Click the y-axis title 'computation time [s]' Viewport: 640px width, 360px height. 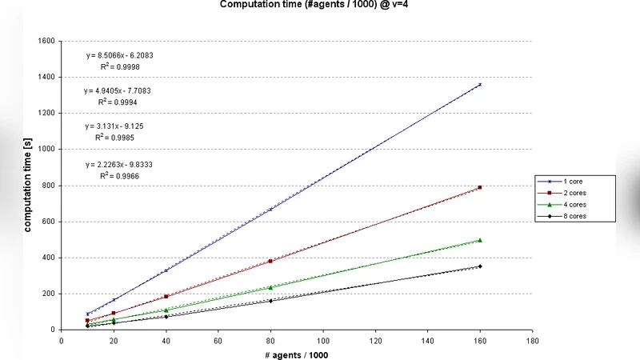(x=27, y=186)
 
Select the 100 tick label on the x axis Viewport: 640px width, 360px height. (x=322, y=339)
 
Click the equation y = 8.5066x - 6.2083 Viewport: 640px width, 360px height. (x=119, y=56)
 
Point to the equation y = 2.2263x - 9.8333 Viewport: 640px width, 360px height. (x=119, y=165)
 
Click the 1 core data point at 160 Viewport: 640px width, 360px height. (x=480, y=84)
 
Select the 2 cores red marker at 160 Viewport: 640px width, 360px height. (x=480, y=187)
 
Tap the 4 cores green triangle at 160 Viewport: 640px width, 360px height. (x=480, y=240)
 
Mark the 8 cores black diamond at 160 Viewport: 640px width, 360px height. (x=480, y=266)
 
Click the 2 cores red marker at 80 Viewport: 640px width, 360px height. (x=271, y=261)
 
